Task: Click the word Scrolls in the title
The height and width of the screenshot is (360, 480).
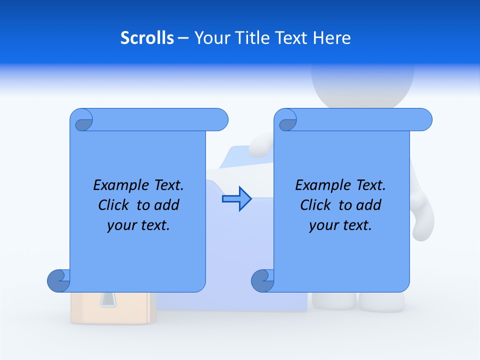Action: [147, 38]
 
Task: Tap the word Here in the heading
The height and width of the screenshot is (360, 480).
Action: [331, 38]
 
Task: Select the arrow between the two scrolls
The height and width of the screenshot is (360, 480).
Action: [236, 199]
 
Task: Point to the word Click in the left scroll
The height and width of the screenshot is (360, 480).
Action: [115, 205]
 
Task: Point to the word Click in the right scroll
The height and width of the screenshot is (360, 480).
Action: [317, 205]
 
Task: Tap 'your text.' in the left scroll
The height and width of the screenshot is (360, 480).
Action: [138, 225]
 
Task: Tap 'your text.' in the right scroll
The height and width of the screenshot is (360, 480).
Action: [340, 225]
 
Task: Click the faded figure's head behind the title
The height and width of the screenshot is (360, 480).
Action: [362, 82]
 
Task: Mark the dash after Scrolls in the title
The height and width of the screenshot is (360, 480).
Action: [183, 38]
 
